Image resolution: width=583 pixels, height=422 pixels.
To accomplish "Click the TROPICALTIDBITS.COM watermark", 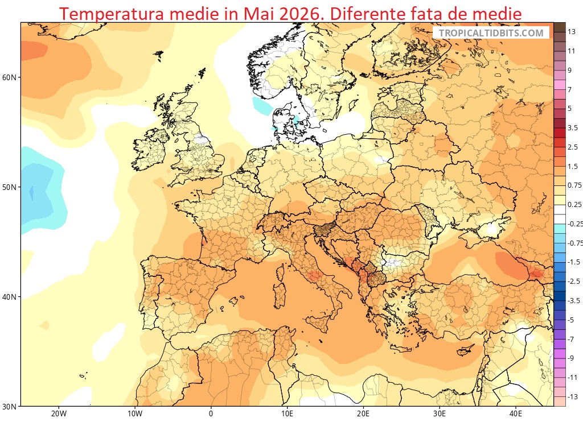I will pyautogui.click(x=491, y=33).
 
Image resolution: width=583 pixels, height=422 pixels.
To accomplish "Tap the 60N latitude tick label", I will pyautogui.click(x=10, y=77).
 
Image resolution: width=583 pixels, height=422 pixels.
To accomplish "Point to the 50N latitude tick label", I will pyautogui.click(x=10, y=187).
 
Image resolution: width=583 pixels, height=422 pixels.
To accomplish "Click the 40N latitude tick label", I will pyautogui.click(x=10, y=297).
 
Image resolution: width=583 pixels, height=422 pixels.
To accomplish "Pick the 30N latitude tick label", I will pyautogui.click(x=10, y=406).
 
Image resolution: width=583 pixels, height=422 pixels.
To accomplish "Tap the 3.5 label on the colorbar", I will pyautogui.click(x=573, y=128).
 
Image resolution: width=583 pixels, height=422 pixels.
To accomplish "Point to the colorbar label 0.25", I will pyautogui.click(x=574, y=205).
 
